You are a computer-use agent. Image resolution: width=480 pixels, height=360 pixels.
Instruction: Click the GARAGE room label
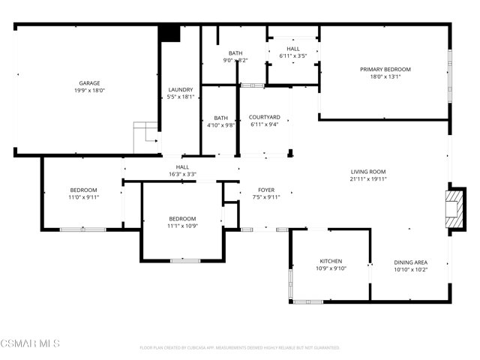pyautogui.click(x=89, y=83)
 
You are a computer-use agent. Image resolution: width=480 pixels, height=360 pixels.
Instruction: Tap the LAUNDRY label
pyautogui.click(x=181, y=89)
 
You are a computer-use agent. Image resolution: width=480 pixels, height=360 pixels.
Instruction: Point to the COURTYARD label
pyautogui.click(x=265, y=117)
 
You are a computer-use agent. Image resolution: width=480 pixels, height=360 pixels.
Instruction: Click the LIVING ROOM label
pyautogui.click(x=368, y=172)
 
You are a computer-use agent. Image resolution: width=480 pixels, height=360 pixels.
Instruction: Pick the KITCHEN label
pyautogui.click(x=330, y=261)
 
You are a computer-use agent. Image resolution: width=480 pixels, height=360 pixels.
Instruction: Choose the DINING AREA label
pyautogui.click(x=410, y=262)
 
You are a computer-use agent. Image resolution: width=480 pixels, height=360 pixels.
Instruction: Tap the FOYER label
pyautogui.click(x=266, y=190)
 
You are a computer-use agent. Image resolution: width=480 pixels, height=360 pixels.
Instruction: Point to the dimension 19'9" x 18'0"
pyautogui.click(x=89, y=90)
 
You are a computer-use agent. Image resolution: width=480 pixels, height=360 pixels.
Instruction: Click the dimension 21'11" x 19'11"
pyautogui.click(x=368, y=179)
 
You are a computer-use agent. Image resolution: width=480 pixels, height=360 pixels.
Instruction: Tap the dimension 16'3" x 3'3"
pyautogui.click(x=182, y=174)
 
